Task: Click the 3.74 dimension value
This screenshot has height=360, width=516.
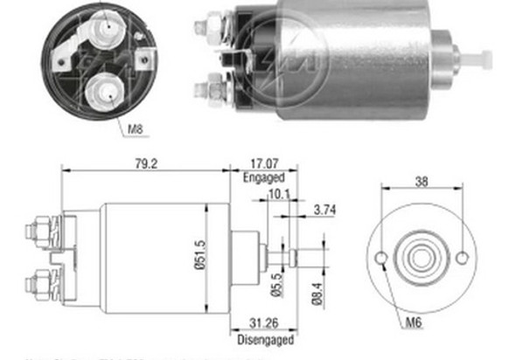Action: [324, 211]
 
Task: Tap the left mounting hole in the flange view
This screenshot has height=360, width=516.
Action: [383, 259]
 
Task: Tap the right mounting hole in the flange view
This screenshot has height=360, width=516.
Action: [461, 258]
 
